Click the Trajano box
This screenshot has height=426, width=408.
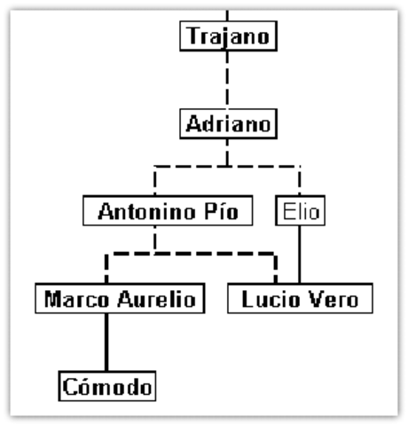click(228, 37)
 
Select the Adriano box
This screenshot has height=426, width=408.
click(228, 122)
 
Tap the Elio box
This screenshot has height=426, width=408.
click(300, 212)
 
